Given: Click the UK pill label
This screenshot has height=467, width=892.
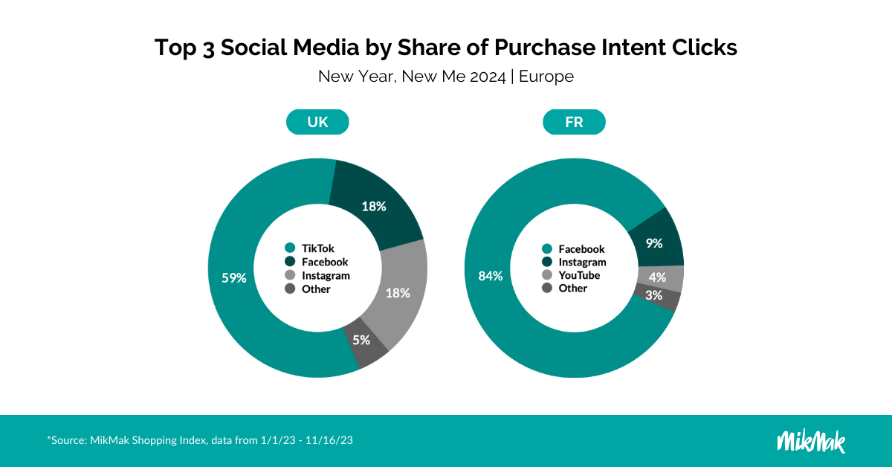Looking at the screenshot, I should pos(317,122).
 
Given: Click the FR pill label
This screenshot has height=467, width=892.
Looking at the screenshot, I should pos(574,122).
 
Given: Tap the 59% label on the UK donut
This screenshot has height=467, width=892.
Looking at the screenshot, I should pos(234,278).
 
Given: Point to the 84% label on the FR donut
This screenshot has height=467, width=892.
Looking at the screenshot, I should pos(491,276).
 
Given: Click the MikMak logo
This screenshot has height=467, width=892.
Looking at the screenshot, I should pos(811,440).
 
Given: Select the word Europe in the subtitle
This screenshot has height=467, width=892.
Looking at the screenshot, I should pos(546,76).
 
